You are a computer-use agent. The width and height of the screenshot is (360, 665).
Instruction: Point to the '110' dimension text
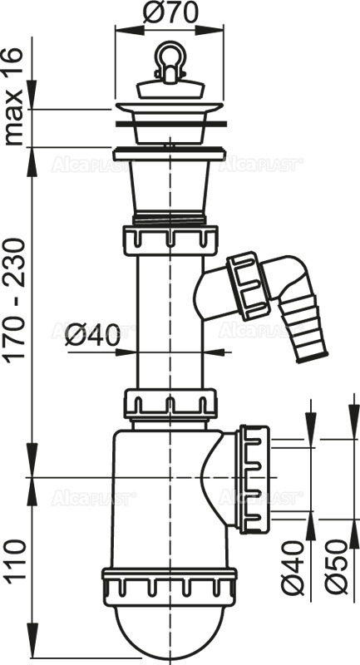point(16,562)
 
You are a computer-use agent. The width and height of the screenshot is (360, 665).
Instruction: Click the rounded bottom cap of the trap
point(170,623)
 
